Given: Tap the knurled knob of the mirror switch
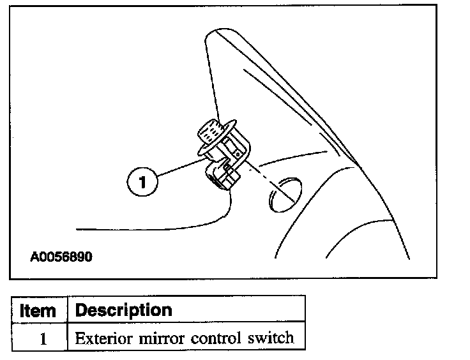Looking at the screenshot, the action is coord(209,133).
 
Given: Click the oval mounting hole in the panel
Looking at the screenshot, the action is coord(282,193).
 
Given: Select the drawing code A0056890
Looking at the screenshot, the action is coord(61,258).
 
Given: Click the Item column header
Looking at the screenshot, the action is coord(38,311).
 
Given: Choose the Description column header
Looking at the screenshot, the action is coord(123,311).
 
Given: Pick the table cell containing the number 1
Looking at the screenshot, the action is coord(42,338).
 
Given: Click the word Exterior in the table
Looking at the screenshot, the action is coord(99,338).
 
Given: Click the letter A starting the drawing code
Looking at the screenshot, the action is coord(33,258).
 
